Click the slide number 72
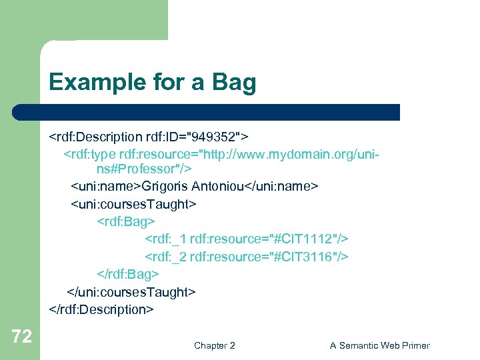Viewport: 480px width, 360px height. coord(21,337)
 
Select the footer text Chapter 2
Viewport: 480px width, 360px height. coord(214,345)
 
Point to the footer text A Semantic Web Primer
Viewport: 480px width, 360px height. coord(379,345)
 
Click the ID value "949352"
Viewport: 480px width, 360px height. coord(215,137)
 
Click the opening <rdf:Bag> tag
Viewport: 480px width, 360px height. coord(126,221)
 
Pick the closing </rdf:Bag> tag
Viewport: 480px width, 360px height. coord(128,274)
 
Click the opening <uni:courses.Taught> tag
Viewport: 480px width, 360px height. coord(133,203)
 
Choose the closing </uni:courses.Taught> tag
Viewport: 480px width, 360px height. coord(131,292)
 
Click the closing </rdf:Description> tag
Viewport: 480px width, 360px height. coord(101,309)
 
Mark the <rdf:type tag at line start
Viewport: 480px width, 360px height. coord(90,155)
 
